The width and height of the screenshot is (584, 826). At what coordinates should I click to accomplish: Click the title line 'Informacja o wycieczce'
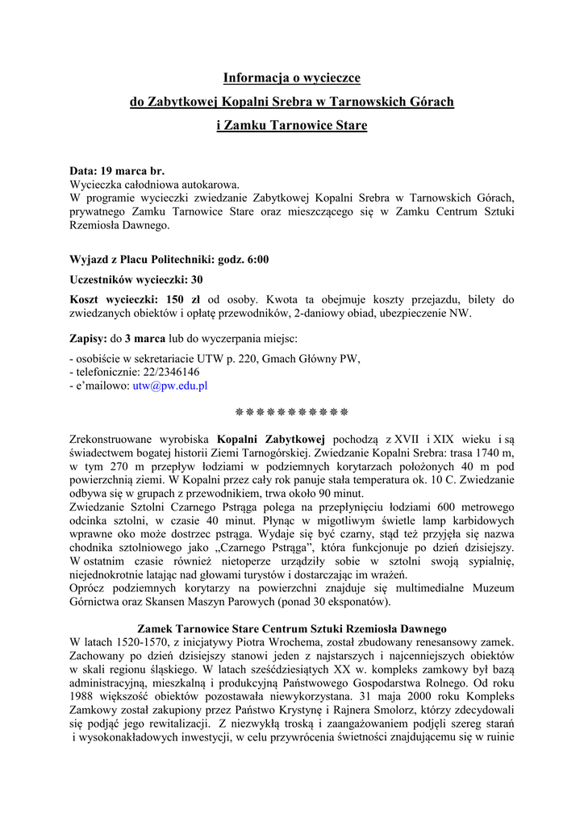click(291, 78)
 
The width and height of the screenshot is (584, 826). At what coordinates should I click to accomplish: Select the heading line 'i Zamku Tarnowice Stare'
click(291, 126)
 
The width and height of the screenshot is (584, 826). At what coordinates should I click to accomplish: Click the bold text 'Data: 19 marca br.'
click(117, 172)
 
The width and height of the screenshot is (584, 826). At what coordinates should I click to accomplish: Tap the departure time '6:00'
click(257, 260)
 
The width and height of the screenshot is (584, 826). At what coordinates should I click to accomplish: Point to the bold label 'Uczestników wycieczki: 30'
click(136, 280)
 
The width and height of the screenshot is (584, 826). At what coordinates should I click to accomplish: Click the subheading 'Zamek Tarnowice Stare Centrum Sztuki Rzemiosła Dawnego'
click(291, 628)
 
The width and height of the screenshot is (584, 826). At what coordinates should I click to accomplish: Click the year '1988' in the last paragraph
click(84, 697)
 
